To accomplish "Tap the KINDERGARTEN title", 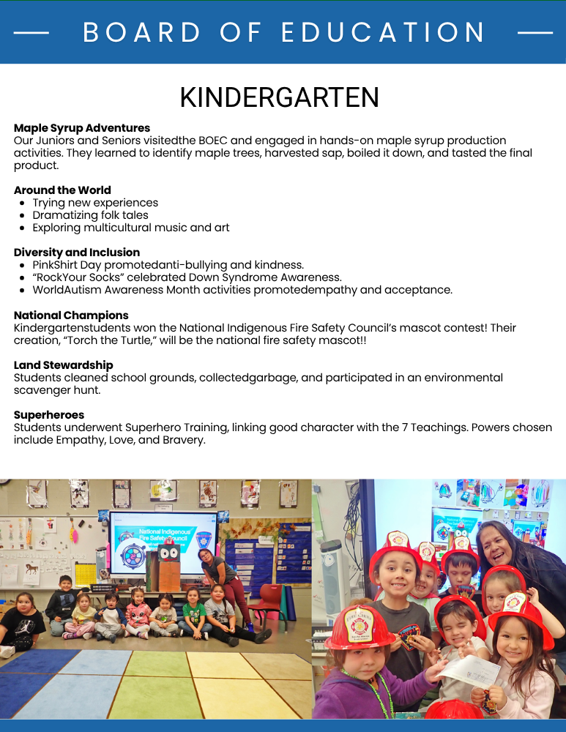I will pos(280,97).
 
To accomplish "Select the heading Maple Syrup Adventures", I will pos(82,128).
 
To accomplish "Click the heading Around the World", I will pos(62,190).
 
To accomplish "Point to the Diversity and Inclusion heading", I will pos(77,253).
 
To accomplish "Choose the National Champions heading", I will pos(71,315).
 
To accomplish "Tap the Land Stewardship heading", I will pos(64,365).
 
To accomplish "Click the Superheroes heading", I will pos(49,415).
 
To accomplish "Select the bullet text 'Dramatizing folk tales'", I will pos(90,215).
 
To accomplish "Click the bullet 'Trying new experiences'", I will pos(95,203).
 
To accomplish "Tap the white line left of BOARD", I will pos(31,33).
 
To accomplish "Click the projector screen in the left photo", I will pos(163,542).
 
